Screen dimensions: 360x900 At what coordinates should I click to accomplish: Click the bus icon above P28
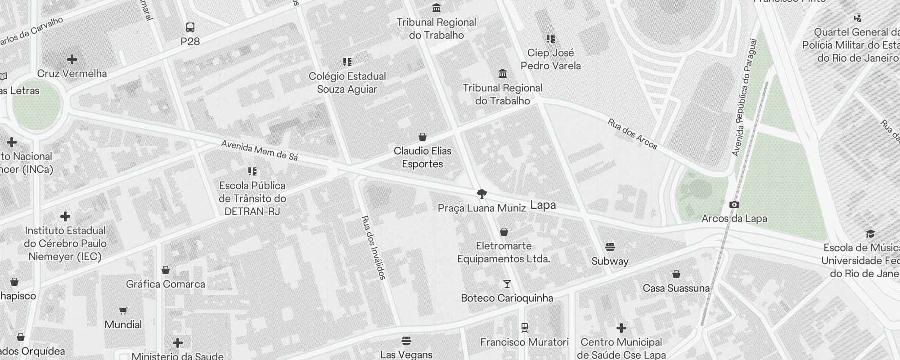[190, 27]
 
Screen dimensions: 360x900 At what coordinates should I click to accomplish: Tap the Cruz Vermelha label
[72, 73]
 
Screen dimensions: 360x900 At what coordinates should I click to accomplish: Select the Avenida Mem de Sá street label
[260, 150]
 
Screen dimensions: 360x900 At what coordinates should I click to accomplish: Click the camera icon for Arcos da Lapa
[734, 205]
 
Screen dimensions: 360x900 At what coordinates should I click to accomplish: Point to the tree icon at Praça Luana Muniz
[482, 194]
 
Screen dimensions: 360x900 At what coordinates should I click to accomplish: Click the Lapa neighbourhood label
[543, 205]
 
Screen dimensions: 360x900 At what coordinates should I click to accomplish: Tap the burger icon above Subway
[610, 247]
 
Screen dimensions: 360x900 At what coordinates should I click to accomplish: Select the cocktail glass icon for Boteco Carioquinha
[507, 284]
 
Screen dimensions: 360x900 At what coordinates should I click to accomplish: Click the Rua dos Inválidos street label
[373, 247]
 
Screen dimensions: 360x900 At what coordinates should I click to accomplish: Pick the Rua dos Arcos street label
[632, 134]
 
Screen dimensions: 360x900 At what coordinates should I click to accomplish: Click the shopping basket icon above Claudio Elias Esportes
[423, 137]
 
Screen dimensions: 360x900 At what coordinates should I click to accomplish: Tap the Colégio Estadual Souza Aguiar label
[347, 82]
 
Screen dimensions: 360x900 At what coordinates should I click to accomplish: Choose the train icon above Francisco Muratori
[524, 328]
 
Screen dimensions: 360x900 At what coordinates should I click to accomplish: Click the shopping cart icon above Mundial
[123, 310]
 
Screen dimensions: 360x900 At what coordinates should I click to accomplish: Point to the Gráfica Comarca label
[166, 284]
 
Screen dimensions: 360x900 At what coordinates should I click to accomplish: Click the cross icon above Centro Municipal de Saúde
[621, 328]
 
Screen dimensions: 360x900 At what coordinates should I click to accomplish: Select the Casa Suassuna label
[676, 288]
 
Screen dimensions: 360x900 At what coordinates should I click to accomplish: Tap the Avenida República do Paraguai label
[745, 98]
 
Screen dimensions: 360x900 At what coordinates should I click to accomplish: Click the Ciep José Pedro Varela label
[550, 59]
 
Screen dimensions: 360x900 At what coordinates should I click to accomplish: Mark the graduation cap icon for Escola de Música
[870, 234]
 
